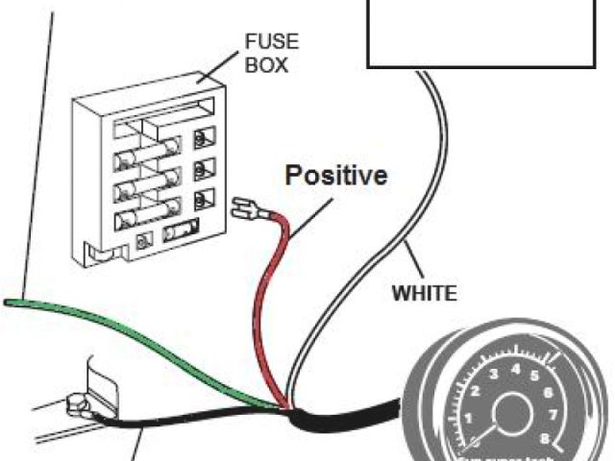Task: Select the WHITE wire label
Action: pyautogui.click(x=424, y=291)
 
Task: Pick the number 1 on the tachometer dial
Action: pyautogui.click(x=467, y=419)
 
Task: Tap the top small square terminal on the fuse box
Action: pyautogui.click(x=202, y=137)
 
